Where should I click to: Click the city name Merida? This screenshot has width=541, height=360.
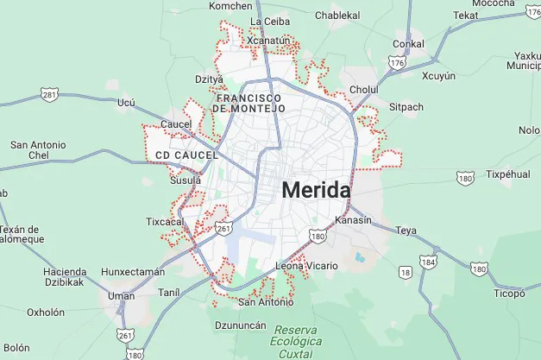click(316, 190)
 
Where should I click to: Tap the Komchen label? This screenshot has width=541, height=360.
click(230, 6)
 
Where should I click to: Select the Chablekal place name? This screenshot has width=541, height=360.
click(337, 16)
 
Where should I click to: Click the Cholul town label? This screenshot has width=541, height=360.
click(364, 89)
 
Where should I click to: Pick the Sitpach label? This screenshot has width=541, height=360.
click(406, 107)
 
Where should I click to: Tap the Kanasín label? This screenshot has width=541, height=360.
click(353, 220)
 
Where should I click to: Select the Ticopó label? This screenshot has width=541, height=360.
click(509, 293)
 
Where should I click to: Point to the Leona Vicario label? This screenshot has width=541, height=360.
click(306, 266)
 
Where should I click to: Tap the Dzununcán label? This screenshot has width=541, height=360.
click(240, 325)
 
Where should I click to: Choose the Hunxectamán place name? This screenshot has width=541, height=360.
click(133, 271)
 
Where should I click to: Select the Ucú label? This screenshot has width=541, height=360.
click(126, 102)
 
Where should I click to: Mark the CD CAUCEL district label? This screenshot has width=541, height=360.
click(181, 155)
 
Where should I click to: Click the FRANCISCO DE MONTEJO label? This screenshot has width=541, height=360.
click(248, 104)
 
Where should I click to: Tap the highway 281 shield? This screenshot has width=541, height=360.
click(50, 94)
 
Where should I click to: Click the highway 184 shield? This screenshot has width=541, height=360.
click(429, 261)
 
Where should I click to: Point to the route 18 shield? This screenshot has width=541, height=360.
click(406, 273)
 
